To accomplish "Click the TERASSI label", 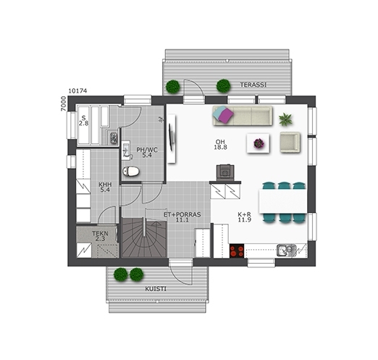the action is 253,85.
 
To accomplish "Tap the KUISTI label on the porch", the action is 156,289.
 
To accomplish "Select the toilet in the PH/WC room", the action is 131,171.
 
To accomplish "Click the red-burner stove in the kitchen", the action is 237,251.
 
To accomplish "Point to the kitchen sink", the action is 287,250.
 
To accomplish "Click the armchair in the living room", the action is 290,142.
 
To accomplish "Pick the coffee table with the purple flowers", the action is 258,143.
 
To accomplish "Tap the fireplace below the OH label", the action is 225,172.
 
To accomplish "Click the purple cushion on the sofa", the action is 226,115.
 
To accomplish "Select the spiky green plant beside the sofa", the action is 285,120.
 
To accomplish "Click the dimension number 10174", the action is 77,91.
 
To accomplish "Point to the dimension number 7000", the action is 63,104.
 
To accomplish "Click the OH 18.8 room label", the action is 220,144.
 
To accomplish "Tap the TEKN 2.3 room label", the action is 100,236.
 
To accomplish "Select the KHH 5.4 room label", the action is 105,187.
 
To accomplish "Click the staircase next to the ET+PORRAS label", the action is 144,238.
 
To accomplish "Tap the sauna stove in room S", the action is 113,138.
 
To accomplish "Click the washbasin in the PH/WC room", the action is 126,150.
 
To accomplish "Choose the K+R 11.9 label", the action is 245,217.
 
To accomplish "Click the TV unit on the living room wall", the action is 172,139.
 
